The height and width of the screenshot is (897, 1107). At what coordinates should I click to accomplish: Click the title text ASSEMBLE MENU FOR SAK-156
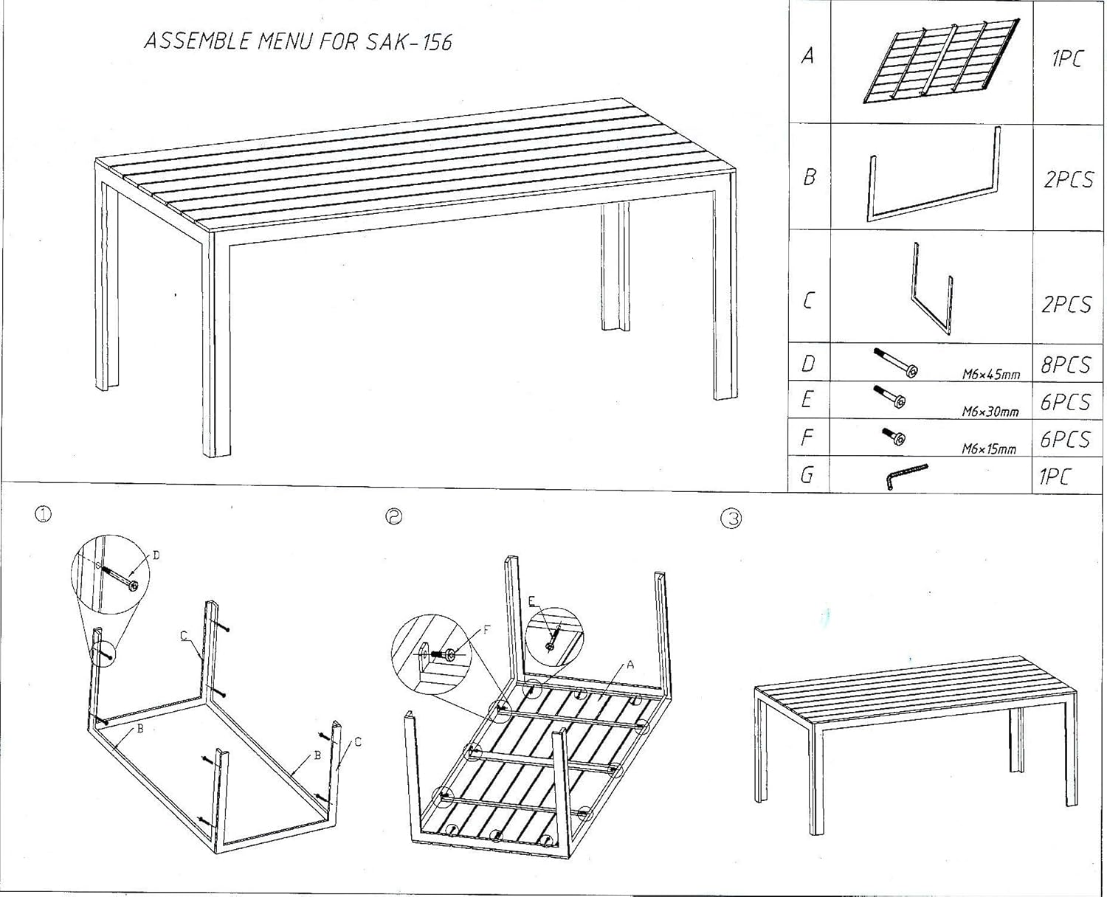coord(297,41)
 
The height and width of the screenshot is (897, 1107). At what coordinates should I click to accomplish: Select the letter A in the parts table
coord(808,56)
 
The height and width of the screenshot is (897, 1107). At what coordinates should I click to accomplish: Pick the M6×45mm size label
coord(990,374)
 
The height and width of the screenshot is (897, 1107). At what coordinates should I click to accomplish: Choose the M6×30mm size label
coord(990,412)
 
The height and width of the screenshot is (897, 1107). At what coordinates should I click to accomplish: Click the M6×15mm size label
coord(988,448)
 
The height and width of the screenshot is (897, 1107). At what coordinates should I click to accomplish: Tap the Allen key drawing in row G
coord(906,476)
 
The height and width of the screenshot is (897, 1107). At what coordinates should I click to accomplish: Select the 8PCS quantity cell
coord(1065,364)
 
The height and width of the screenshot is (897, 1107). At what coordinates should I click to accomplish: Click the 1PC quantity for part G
coord(1054,477)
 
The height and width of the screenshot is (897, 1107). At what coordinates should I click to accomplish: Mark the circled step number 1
coord(44,515)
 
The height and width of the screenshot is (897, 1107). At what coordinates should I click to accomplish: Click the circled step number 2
coord(394,517)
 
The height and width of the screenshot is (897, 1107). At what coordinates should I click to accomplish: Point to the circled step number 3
coord(730,519)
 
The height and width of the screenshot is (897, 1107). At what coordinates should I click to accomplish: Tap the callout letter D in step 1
coord(156,555)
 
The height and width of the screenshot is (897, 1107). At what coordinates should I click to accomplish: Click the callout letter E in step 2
coord(531,602)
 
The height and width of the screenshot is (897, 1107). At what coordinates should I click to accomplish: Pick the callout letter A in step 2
coord(630,665)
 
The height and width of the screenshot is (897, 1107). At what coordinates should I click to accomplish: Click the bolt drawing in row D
coord(895,363)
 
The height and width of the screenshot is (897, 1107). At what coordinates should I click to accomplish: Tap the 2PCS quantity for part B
coord(1068,179)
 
